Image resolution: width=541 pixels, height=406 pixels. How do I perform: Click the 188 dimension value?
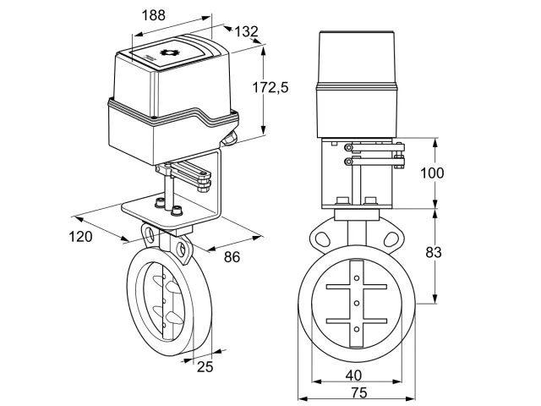(154, 15)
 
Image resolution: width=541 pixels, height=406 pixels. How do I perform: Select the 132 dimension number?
(246, 31)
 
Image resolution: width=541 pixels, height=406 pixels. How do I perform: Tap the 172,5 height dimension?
(270, 87)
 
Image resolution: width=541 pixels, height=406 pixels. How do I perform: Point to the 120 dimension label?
(81, 237)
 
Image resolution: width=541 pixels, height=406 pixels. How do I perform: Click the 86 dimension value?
(232, 257)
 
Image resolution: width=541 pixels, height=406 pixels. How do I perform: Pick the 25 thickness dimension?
(205, 366)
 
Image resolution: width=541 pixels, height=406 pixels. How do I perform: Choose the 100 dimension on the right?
(432, 173)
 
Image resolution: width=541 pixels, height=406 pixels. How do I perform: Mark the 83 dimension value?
(434, 252)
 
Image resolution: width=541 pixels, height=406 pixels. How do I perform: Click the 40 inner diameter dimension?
(353, 376)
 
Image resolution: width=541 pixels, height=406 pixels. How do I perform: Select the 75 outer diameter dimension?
(359, 392)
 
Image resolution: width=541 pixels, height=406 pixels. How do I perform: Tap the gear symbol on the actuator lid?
(168, 52)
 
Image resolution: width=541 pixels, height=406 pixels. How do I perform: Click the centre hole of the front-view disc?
(357, 304)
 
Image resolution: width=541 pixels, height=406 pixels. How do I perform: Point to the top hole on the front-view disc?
(357, 278)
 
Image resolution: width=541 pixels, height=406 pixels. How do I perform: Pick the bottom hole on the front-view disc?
(357, 329)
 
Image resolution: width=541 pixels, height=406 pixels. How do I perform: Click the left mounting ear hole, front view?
(322, 239)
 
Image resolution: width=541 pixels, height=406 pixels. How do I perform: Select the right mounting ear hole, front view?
(391, 239)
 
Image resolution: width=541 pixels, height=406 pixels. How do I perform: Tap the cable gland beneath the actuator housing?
(229, 138)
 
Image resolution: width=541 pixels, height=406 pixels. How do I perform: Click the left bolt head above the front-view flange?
(342, 201)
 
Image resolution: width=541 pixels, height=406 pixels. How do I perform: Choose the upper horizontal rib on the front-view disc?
(357, 287)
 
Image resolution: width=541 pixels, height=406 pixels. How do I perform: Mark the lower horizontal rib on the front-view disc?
(357, 321)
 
